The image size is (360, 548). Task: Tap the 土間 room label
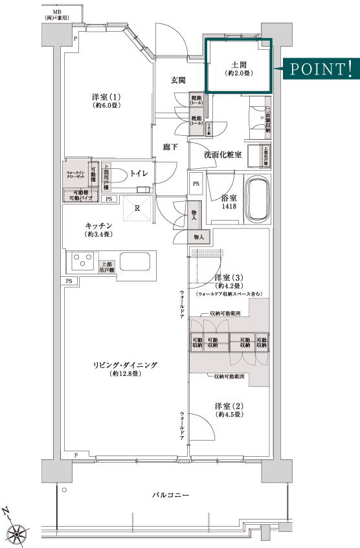click(x=238, y=64)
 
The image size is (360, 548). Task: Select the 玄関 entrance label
click(x=178, y=80)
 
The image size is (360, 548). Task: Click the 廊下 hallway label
click(x=170, y=148)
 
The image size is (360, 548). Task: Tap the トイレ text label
click(x=139, y=173)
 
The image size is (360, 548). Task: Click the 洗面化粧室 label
click(x=222, y=155)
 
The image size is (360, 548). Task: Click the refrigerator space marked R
click(x=137, y=208)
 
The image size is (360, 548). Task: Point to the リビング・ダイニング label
click(x=124, y=365)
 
